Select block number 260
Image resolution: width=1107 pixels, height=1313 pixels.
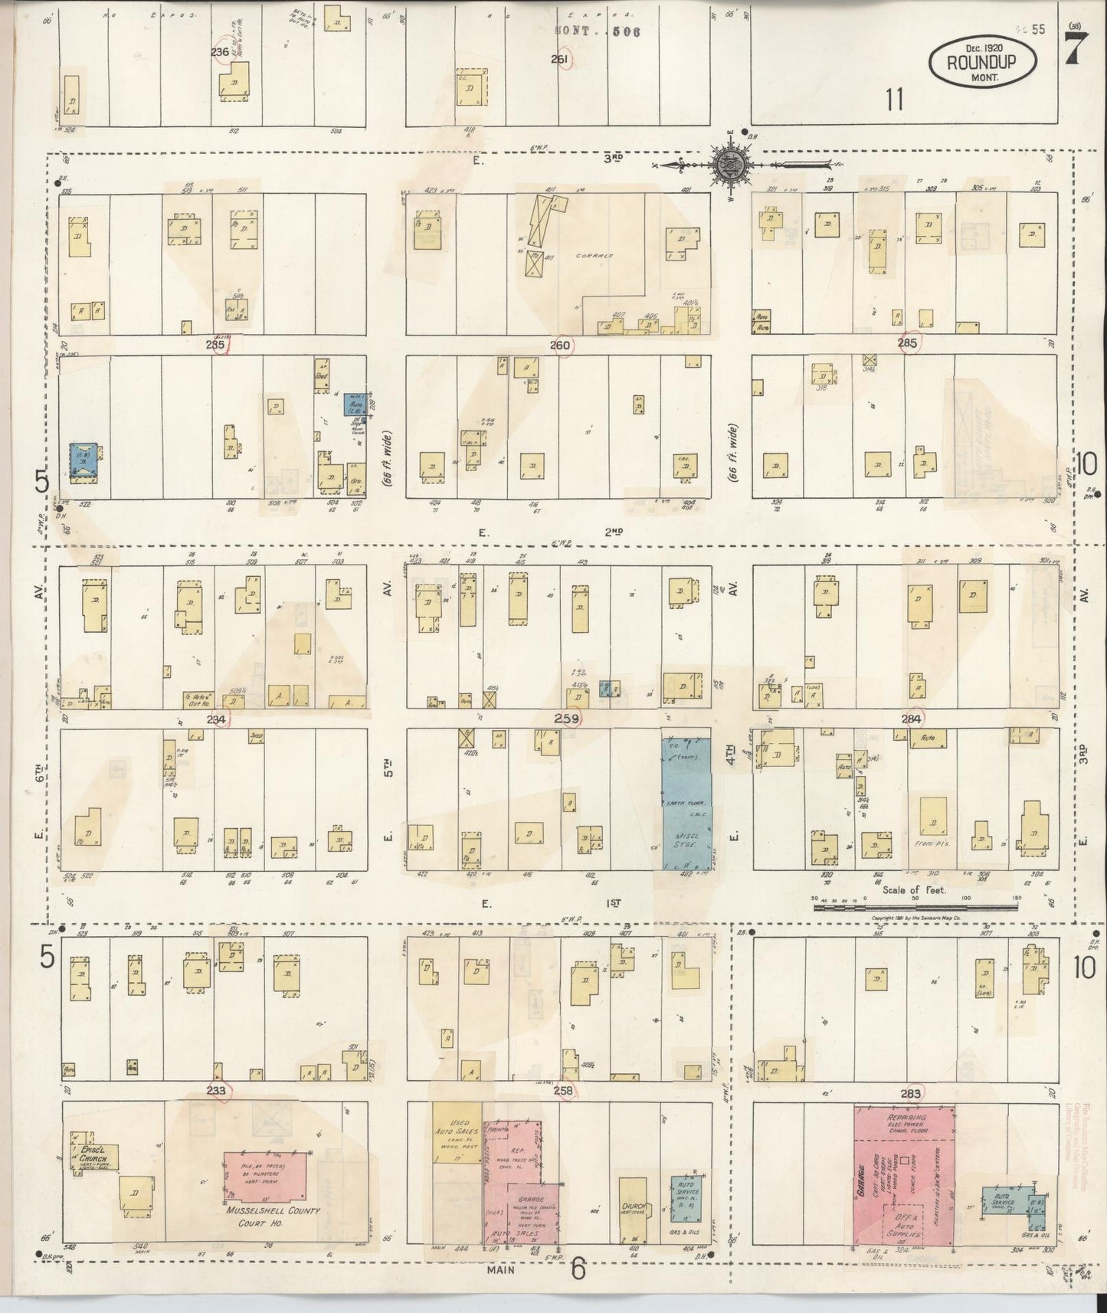tap(560, 345)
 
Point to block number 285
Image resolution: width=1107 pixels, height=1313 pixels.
tap(907, 344)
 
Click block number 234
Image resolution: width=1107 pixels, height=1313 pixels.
tap(217, 719)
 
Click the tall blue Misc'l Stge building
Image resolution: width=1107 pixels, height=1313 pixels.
tap(686, 804)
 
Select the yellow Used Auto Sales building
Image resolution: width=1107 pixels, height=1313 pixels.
tap(457, 1135)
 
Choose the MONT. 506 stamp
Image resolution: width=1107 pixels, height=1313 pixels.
tap(597, 32)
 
